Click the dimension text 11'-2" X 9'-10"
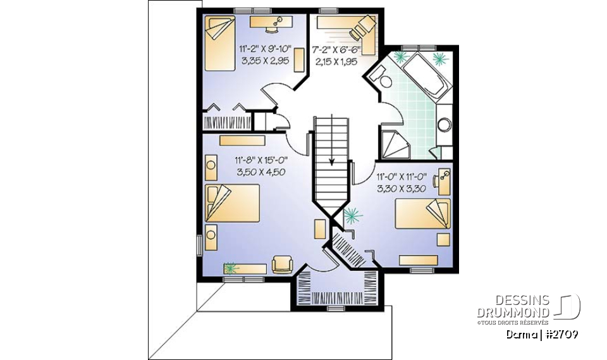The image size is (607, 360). tap(264, 49)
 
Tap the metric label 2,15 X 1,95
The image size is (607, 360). tap(336, 61)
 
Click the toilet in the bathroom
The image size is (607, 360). tap(378, 78)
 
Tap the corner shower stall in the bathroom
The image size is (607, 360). tap(395, 144)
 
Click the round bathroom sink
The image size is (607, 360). tap(445, 123)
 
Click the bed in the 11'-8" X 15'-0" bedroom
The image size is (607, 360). tap(231, 203)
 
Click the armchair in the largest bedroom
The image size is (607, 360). tap(281, 263)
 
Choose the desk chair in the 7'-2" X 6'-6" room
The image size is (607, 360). tap(364, 25)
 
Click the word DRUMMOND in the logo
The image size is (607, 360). tap(513, 312)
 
